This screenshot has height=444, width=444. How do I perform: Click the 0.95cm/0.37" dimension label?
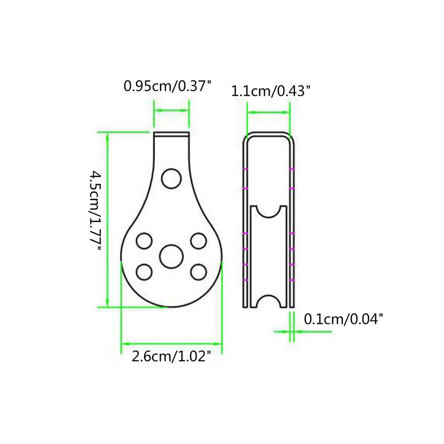pos(167,85)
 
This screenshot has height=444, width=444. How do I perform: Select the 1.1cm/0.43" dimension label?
pos(271,91)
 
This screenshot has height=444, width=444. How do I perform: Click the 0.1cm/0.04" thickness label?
pos(344,320)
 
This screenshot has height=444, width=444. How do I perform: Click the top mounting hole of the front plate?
pos(171,178)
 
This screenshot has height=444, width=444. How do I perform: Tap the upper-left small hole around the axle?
pos(144,241)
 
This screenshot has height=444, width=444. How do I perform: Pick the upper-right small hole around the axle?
pos(198,241)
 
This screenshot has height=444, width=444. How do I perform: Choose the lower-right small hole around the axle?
pos(198,271)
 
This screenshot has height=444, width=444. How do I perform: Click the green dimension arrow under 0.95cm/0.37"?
pos(172,111)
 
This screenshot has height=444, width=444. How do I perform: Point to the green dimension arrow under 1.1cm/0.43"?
pos(269,112)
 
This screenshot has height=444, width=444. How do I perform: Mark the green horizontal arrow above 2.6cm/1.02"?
pos(171,344)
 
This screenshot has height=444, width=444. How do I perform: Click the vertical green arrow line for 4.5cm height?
pos(108,219)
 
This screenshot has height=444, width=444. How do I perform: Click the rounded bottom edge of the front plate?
pos(171,307)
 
